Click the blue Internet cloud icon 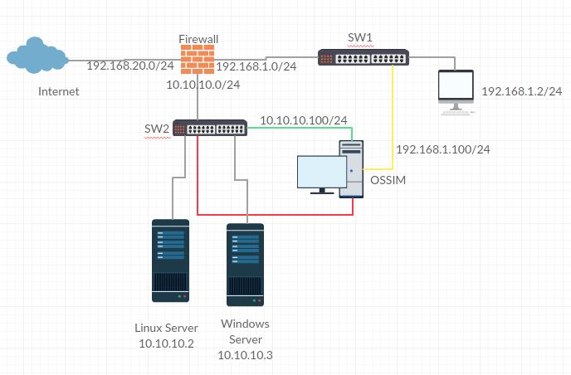coord(36,56)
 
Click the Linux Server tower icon coord(171,260)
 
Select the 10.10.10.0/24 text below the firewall coord(203,85)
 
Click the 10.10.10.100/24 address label coord(303,120)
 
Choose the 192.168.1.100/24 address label coord(443,149)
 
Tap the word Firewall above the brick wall coord(199,39)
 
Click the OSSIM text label coord(389,181)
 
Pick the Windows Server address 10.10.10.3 coord(245,355)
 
